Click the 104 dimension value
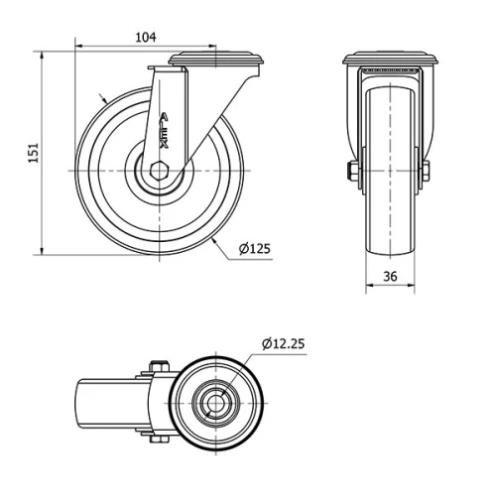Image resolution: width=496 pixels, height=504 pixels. pos(145,37)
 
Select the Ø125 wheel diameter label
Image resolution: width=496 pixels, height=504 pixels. pos(256,248)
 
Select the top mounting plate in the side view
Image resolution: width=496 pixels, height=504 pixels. pos(218,62)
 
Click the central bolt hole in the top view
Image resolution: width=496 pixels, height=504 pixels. pos(211,404)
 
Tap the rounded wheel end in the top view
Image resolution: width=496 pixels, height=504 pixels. pos(84,404)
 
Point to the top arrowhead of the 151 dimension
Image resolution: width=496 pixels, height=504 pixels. pos(43,57)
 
